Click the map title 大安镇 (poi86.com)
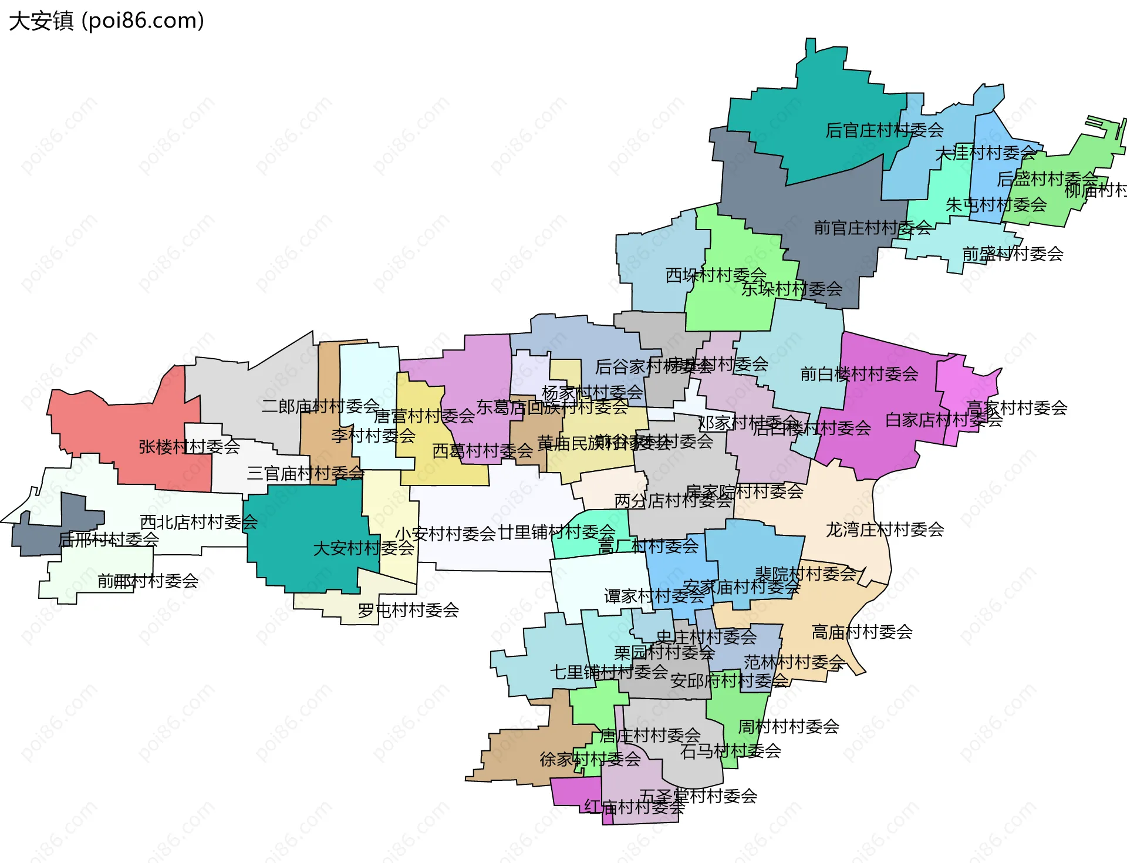pos(106,21)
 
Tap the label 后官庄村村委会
pos(884,130)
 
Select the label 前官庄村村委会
pos(872,228)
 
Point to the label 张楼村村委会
pos(189,447)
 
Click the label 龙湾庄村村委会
pos(885,530)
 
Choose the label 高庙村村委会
pos(862,632)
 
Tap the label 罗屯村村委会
pos(408,611)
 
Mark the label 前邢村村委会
pos(148,581)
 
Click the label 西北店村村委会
pos(198,522)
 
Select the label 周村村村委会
pos(788,727)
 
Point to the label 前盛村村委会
pos(1013,254)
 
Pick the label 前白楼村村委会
pos(859,374)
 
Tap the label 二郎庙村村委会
pos(320,406)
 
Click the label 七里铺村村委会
pos(609,672)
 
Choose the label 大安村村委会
pos(363,548)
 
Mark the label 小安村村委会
pos(446,534)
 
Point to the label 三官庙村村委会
pos(305,473)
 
